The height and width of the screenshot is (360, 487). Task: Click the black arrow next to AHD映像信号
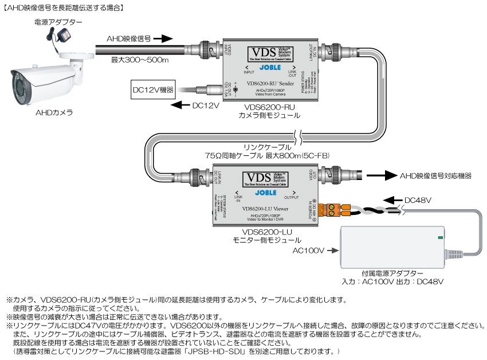[x=163, y=39]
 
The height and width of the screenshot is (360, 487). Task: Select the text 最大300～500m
[x=139, y=60]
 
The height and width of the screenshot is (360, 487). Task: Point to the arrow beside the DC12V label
[x=180, y=105]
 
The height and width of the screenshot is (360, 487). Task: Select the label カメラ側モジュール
[x=269, y=116]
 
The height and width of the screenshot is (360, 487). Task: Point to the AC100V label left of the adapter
[x=309, y=251]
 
